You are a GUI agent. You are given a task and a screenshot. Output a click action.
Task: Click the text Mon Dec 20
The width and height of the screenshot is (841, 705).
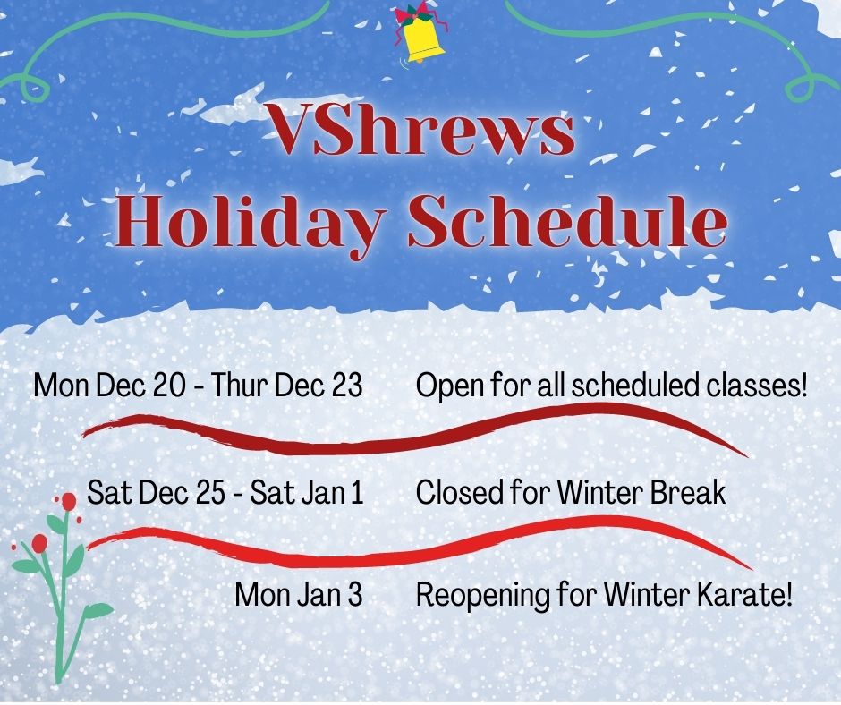(110, 386)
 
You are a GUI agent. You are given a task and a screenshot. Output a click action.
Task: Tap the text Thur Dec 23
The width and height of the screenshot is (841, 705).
(286, 386)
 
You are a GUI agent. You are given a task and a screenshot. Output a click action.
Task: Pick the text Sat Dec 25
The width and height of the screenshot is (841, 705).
(156, 492)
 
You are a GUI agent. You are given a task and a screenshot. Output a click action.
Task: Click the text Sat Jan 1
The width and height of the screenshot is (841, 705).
(307, 492)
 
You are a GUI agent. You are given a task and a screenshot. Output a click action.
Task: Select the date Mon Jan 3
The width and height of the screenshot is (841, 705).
(299, 594)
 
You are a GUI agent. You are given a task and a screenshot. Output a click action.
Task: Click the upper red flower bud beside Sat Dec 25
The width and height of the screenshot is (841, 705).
(68, 502)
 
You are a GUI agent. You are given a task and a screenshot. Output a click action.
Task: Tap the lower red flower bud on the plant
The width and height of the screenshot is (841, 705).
(39, 543)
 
